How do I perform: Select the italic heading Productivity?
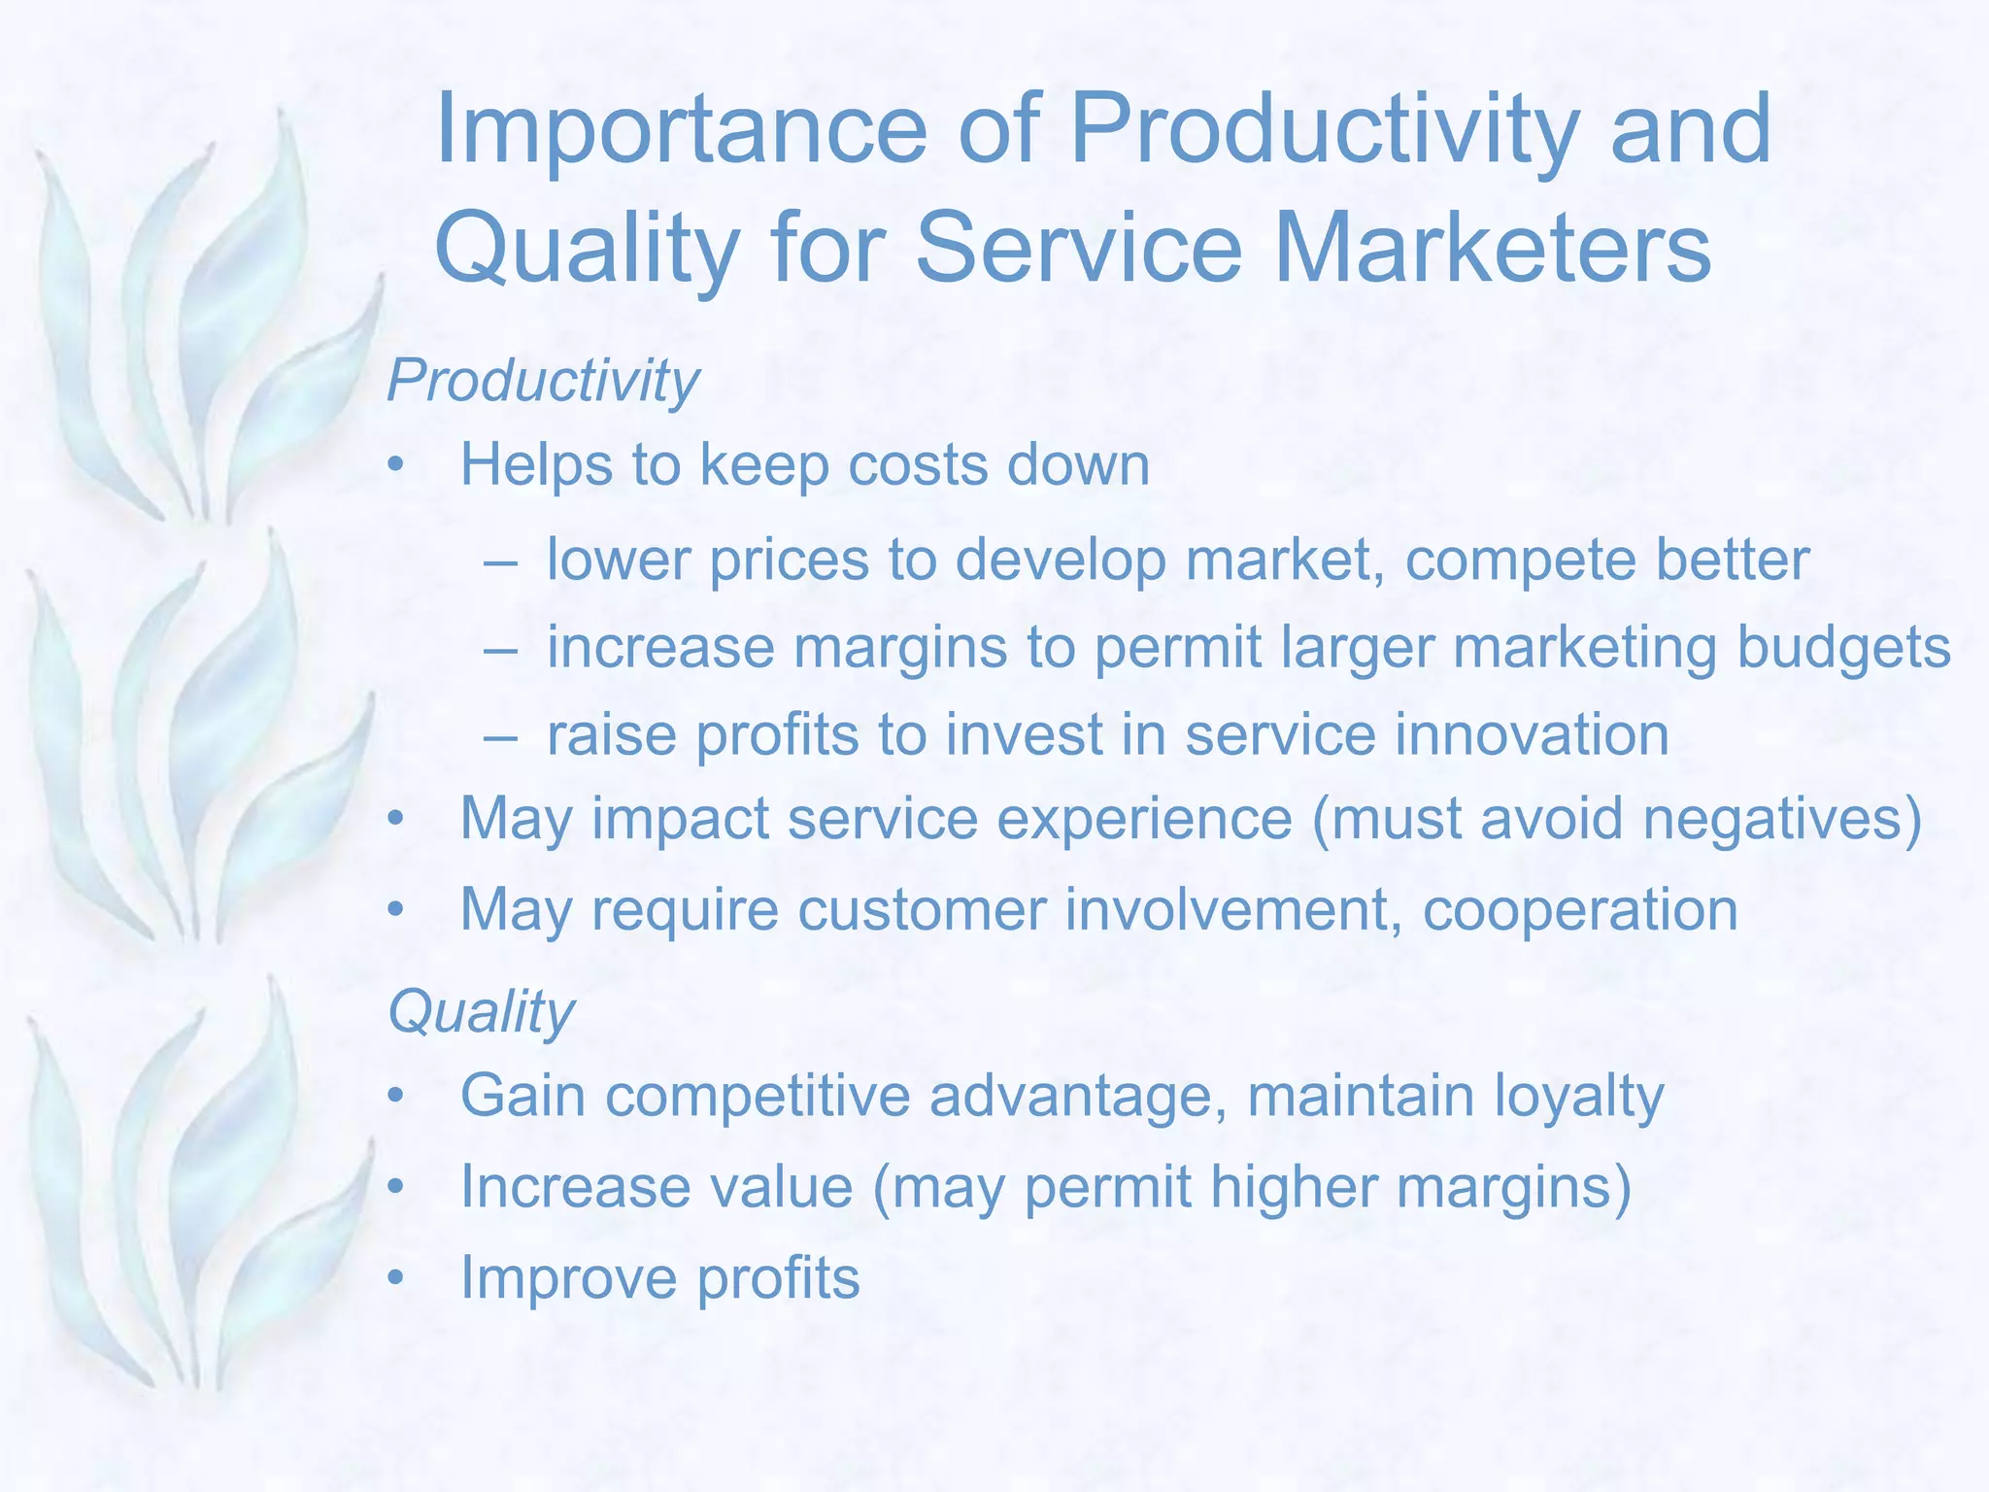[x=542, y=381]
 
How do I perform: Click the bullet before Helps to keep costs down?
[x=394, y=467]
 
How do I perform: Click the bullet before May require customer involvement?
[x=394, y=911]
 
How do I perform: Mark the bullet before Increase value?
[x=394, y=1189]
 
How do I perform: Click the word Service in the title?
[x=1078, y=250]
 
